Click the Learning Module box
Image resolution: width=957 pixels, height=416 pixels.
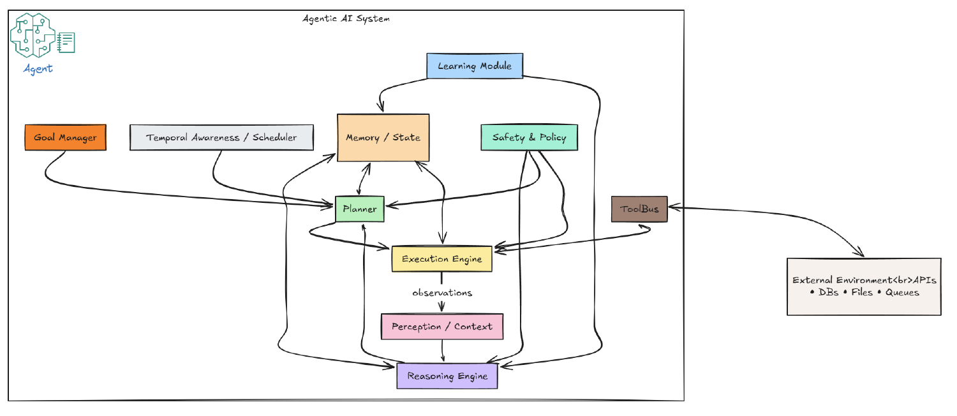(474, 66)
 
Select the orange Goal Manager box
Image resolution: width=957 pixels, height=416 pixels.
(65, 137)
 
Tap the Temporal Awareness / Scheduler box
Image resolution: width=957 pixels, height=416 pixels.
(221, 137)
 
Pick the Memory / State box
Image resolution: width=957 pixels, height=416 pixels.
(383, 137)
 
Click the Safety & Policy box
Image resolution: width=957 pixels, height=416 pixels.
(529, 137)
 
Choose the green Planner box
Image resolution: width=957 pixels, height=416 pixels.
(360, 209)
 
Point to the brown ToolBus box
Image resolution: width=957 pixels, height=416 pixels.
(639, 209)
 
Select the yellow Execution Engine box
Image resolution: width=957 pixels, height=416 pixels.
(441, 258)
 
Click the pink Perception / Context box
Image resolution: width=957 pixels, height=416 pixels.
(441, 326)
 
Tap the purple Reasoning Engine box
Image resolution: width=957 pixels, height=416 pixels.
(447, 376)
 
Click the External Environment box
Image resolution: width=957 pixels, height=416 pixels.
(864, 286)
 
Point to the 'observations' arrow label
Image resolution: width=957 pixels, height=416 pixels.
(441, 293)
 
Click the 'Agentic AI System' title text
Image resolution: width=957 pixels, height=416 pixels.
(346, 19)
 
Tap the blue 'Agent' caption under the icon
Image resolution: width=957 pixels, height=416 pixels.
(38, 69)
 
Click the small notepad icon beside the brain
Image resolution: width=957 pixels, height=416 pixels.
(66, 43)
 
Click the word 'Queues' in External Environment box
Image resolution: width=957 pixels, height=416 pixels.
(902, 292)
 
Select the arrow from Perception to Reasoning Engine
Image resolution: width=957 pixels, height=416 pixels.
(443, 351)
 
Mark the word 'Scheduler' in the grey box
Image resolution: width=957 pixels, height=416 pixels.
(274, 137)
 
